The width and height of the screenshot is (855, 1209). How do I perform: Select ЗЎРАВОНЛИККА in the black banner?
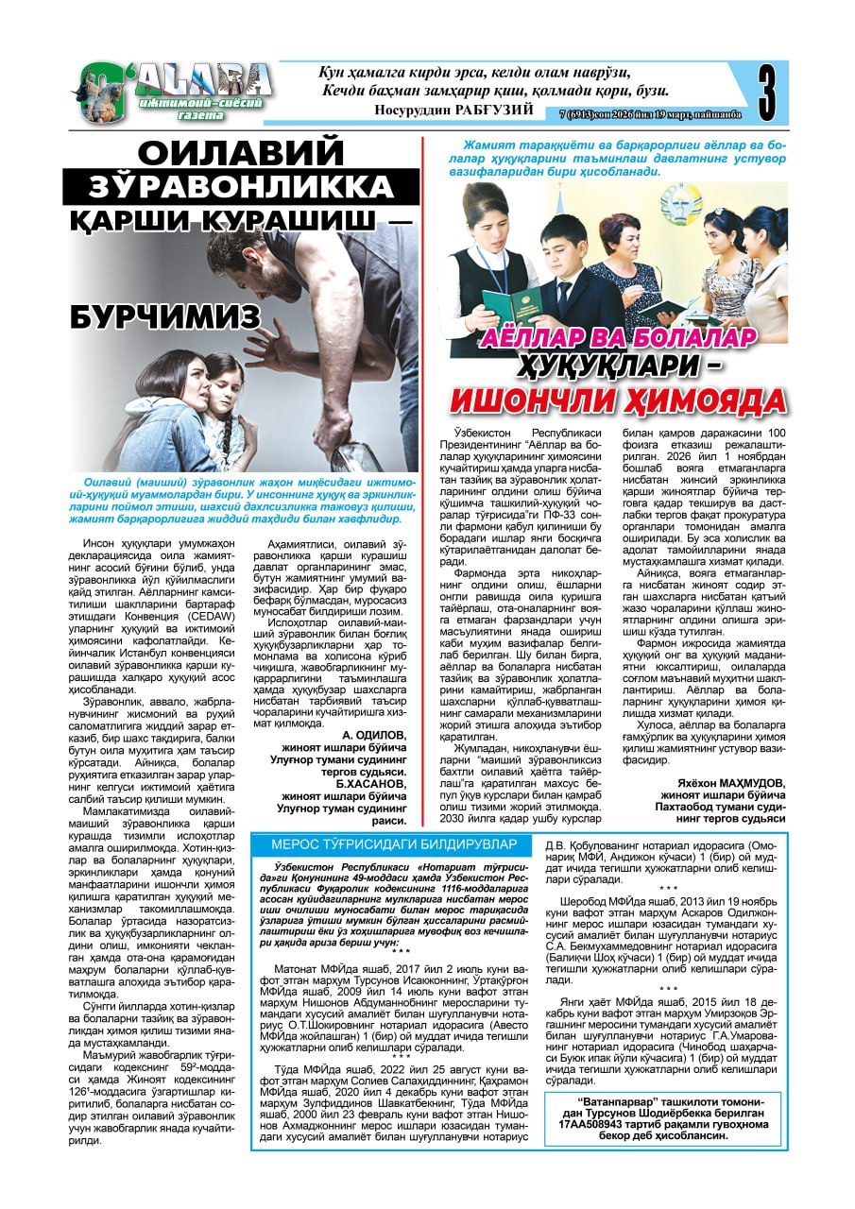click(241, 186)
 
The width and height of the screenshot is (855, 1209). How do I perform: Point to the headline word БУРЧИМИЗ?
click(164, 316)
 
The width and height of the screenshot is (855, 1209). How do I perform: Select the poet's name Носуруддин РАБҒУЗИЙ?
click(454, 110)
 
